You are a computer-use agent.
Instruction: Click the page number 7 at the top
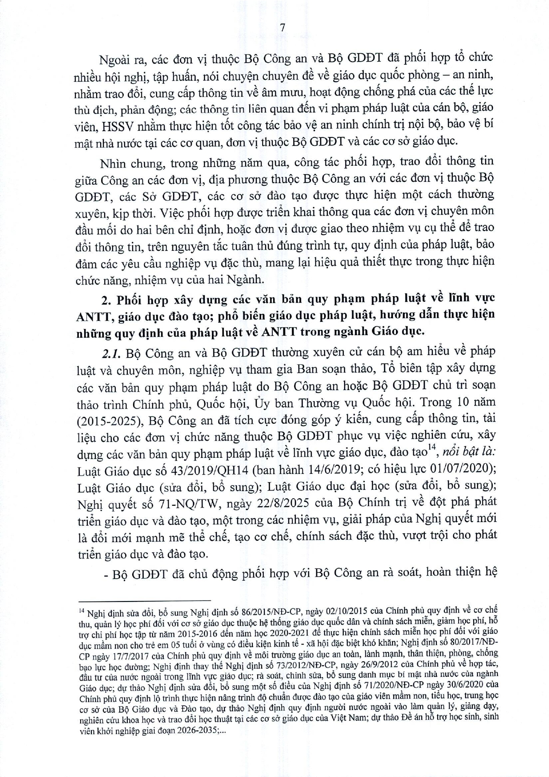(x=282, y=27)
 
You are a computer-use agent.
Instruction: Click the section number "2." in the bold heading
(x=106, y=300)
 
